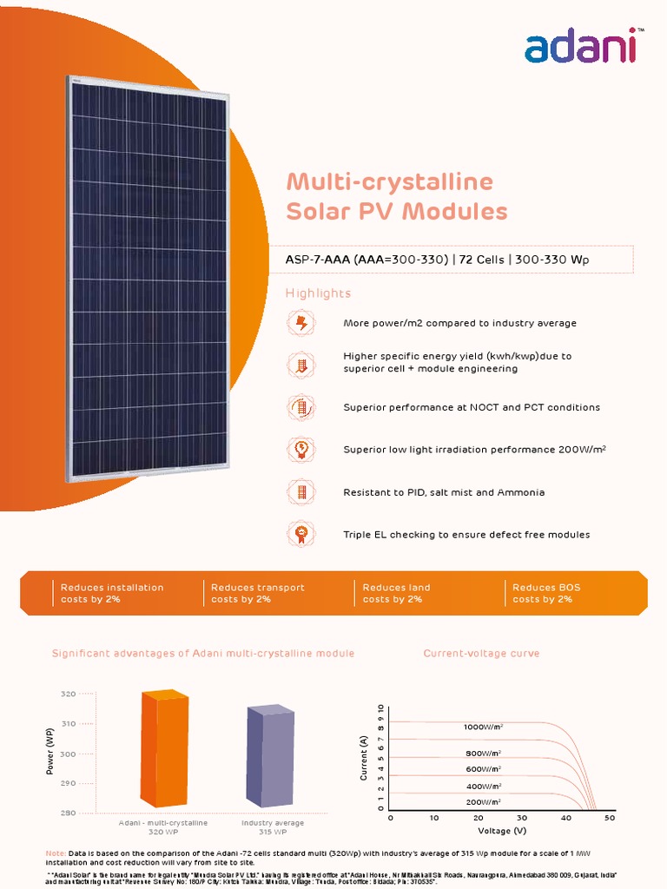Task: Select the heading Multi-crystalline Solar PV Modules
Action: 396,196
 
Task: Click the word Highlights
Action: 318,293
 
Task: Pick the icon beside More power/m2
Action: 301,323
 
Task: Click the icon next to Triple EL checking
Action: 301,534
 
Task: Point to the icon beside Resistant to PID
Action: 301,492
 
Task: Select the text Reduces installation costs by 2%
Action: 111,593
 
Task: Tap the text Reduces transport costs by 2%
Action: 258,593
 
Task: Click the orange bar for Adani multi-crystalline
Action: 164,749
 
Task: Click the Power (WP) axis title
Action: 50,752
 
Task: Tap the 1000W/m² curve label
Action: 483,727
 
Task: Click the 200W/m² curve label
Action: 483,802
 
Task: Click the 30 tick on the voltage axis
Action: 522,818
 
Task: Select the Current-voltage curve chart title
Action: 481,653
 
